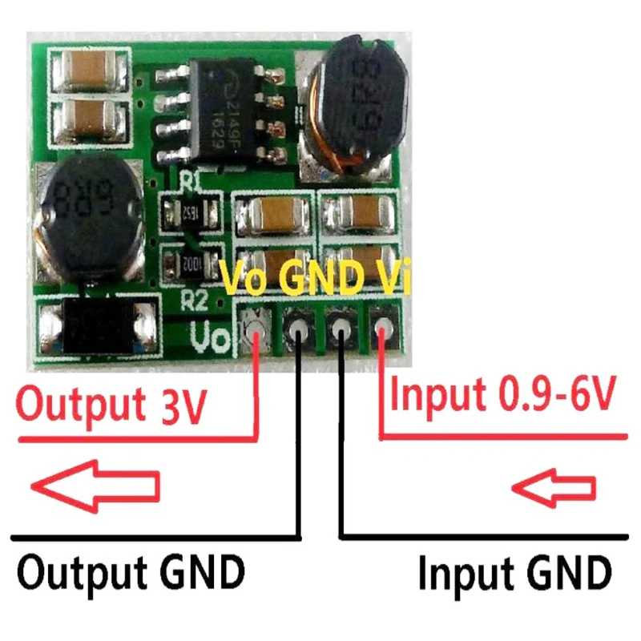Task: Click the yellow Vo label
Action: [247, 280]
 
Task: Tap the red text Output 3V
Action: [112, 404]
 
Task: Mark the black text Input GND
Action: [513, 574]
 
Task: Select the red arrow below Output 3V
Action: [95, 485]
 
